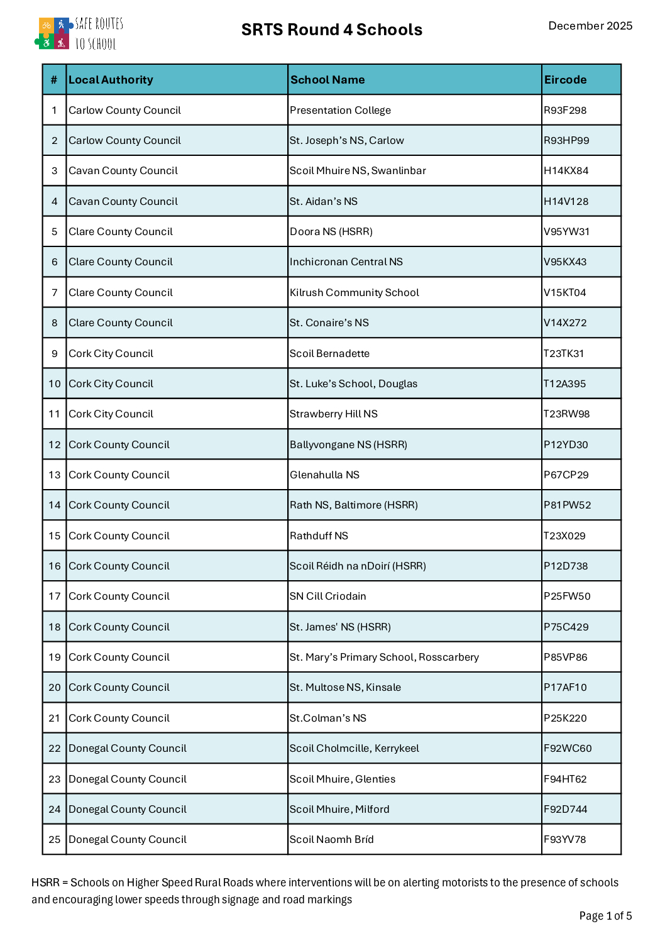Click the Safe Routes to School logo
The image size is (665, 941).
(79, 33)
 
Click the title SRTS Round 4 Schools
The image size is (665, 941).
(331, 30)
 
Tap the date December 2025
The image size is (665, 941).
(590, 26)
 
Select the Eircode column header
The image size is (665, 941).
(565, 80)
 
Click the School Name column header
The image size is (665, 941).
(327, 80)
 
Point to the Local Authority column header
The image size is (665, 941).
(111, 80)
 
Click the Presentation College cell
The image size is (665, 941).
(340, 110)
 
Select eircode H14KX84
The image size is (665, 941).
(566, 170)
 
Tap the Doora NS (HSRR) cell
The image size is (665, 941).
(331, 231)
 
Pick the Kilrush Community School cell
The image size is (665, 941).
(354, 292)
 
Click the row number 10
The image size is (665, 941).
(55, 383)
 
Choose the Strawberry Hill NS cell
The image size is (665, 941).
(334, 414)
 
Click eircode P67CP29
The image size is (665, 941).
(566, 475)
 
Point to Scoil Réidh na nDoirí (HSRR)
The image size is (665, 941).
(358, 566)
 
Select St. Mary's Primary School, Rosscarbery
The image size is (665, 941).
(384, 657)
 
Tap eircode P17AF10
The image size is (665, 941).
(565, 687)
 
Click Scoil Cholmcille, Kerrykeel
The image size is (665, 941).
(354, 748)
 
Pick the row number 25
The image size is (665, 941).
(55, 839)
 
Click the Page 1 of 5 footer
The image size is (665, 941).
(605, 916)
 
